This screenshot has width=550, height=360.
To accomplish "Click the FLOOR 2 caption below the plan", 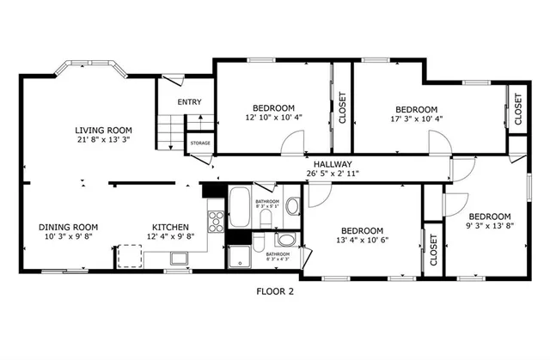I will (275, 292).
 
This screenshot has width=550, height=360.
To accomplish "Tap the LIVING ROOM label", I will (95, 131).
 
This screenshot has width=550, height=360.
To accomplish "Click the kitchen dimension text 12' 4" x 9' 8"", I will (164, 238).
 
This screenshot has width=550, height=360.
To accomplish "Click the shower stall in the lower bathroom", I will (240, 256).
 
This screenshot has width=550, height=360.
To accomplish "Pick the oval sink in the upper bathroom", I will (292, 206).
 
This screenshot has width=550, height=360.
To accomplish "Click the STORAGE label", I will (200, 143).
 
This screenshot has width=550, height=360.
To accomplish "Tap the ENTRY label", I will (189, 102).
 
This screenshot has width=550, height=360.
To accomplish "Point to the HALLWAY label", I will (333, 164).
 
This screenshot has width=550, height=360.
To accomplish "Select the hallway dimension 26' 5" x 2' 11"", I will (333, 174).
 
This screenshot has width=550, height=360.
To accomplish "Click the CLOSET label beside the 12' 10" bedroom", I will (342, 108).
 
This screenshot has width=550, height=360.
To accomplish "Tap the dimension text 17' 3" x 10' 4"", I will (416, 119).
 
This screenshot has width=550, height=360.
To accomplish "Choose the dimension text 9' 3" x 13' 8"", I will (489, 227).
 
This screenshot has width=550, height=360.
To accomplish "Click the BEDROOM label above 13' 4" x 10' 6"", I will (362, 230).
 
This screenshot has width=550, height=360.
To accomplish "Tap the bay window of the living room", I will (89, 69).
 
